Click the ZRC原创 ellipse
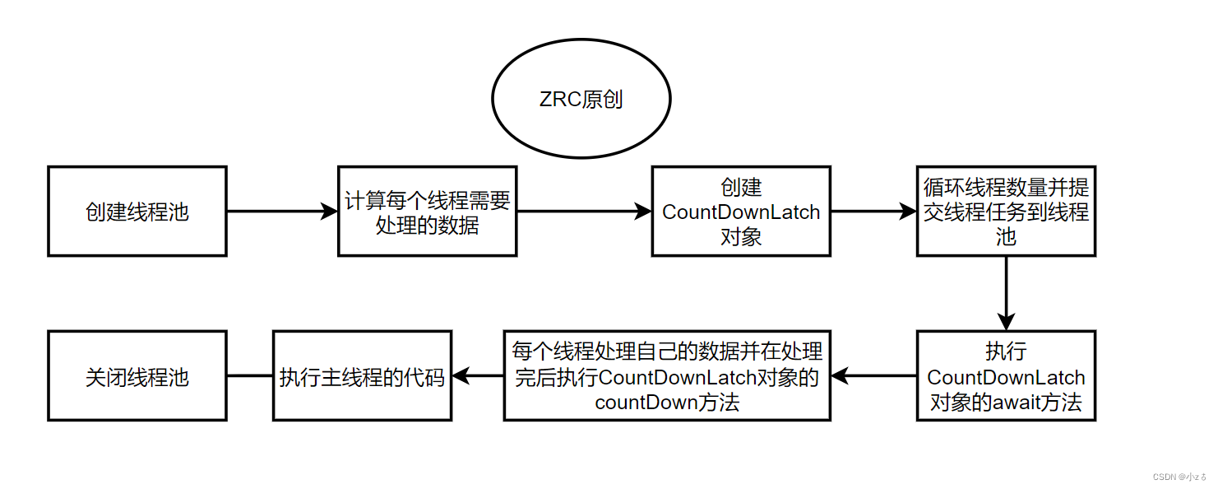pos(581,100)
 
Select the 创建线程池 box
pos(137,212)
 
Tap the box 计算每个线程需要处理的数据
pos(427,212)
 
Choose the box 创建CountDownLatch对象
pos(741,212)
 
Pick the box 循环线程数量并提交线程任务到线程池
pos(1006,212)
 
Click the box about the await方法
pos(1006,376)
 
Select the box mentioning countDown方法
pos(667,376)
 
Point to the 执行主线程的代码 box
pos(362,376)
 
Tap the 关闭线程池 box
pos(137,376)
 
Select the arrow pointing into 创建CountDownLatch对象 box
pos(584,212)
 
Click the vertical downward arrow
pos(1006,293)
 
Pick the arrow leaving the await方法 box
pos(873,376)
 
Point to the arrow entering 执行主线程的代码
pos(478,376)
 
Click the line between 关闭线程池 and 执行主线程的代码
pos(250,376)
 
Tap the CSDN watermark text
pos(1179,477)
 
